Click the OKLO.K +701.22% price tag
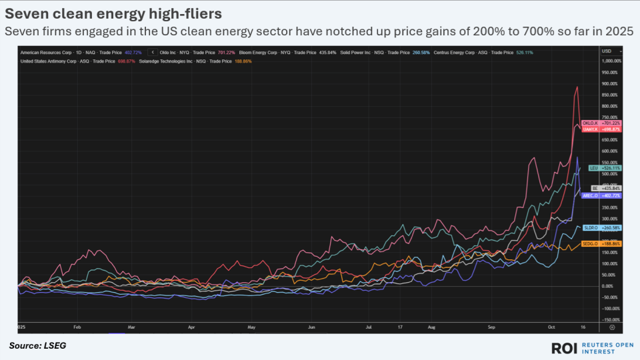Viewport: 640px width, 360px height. tap(601, 123)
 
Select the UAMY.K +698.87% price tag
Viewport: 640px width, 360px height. tap(601, 129)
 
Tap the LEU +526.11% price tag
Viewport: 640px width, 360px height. tap(601, 168)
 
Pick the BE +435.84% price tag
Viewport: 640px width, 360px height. tap(601, 189)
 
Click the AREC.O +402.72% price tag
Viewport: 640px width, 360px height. tap(601, 196)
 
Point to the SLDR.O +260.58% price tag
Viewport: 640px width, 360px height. tap(601, 227)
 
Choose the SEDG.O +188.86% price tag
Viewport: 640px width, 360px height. tap(601, 243)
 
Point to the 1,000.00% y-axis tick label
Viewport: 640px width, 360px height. tap(611, 61)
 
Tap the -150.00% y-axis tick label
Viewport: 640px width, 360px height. tap(611, 320)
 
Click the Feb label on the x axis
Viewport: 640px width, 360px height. tap(77, 328)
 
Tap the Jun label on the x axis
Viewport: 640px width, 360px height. tap(312, 328)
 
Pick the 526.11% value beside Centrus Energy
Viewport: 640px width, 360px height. tap(523, 51)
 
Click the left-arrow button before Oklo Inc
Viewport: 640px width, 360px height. tap(153, 51)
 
